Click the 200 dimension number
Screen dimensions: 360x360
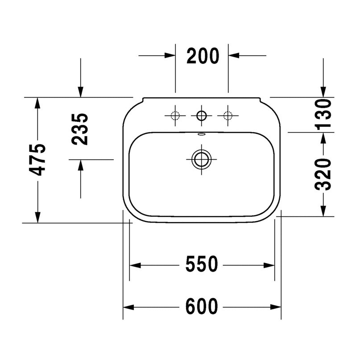(203, 56)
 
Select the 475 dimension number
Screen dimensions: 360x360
(37, 160)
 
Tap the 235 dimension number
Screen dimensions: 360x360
(80, 129)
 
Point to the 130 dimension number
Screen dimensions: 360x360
(323, 114)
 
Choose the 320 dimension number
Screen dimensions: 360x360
(323, 174)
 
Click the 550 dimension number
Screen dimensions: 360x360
(202, 264)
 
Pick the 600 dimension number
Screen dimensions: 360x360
(202, 306)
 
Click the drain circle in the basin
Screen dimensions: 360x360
(202, 159)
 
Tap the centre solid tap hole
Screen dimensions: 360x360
(202, 116)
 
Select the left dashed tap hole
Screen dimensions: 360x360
(175, 116)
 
